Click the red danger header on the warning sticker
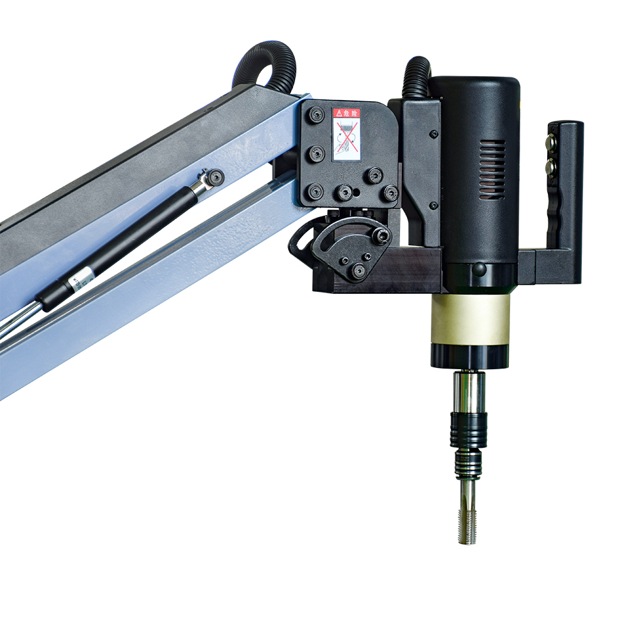click(x=346, y=113)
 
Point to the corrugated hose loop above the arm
click(x=264, y=63)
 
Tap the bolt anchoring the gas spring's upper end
click(x=216, y=177)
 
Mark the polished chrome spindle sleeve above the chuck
click(x=469, y=391)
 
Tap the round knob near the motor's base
click(x=479, y=271)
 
